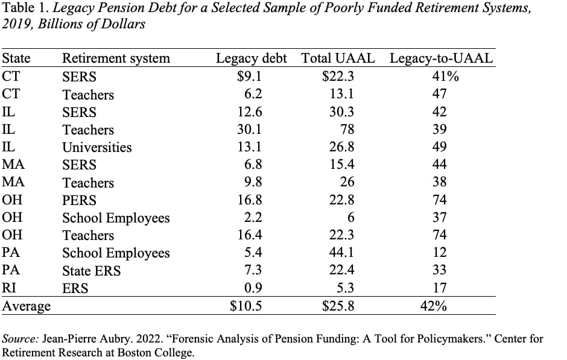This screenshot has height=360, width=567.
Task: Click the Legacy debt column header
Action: (x=251, y=58)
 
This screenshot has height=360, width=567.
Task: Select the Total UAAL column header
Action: (x=338, y=58)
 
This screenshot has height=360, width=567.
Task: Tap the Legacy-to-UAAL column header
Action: (x=441, y=58)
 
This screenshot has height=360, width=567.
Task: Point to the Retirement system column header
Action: (x=116, y=58)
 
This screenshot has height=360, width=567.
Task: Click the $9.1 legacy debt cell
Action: (x=249, y=76)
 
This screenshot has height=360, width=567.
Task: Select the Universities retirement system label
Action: (x=97, y=147)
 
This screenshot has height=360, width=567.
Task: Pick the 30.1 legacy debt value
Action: (x=250, y=129)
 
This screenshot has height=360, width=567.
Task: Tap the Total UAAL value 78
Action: (x=347, y=129)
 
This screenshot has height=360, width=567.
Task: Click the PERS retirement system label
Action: (x=79, y=200)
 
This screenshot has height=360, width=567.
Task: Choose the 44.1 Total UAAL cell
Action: (x=341, y=252)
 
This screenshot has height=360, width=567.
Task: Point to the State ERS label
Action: (x=92, y=270)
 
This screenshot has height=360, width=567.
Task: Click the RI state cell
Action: (x=9, y=288)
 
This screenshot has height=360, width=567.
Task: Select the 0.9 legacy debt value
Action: (x=253, y=288)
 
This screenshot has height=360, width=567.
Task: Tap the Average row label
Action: (x=27, y=306)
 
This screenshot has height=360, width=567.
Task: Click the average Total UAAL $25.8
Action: (x=338, y=306)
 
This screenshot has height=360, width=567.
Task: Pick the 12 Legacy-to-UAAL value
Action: (x=439, y=252)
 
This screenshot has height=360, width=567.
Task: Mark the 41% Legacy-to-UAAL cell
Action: (x=446, y=76)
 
